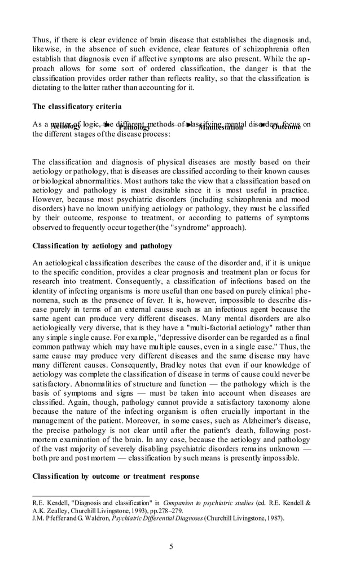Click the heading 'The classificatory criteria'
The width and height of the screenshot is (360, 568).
point(77,106)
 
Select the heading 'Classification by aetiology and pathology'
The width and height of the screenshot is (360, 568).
point(102,246)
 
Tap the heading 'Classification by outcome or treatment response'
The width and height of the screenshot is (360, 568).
point(116,477)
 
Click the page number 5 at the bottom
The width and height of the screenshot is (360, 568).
point(172,546)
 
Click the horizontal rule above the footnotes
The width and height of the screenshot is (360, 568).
point(91,496)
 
